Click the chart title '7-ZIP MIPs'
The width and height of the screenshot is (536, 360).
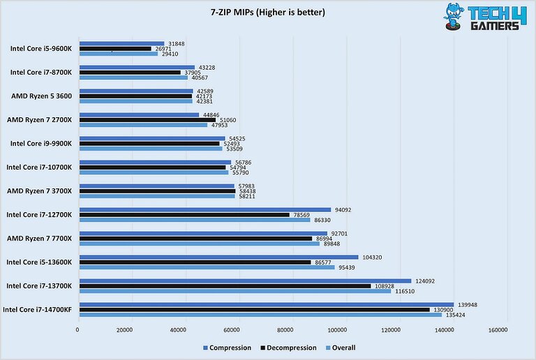pyautogui.click(x=268, y=12)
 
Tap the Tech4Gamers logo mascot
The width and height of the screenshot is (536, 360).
pyautogui.click(x=451, y=17)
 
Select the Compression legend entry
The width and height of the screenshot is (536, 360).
pyautogui.click(x=227, y=347)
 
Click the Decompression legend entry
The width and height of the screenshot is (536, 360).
pyautogui.click(x=288, y=347)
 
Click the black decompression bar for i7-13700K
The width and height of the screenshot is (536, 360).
pyautogui.click(x=225, y=286)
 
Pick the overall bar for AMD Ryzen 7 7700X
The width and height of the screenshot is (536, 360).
pyautogui.click(x=199, y=243)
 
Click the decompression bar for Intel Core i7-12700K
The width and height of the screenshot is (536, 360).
pyautogui.click(x=184, y=215)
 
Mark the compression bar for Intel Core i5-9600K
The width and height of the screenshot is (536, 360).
pyautogui.click(x=122, y=43)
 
